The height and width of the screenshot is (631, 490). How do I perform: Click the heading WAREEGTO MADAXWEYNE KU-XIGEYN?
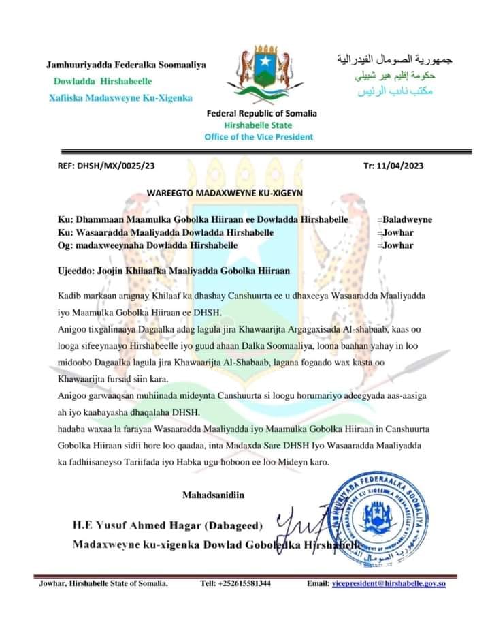point(225,194)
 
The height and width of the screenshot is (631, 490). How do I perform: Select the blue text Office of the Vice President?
point(259,136)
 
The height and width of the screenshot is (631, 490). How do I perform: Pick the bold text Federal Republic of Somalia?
point(261,114)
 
